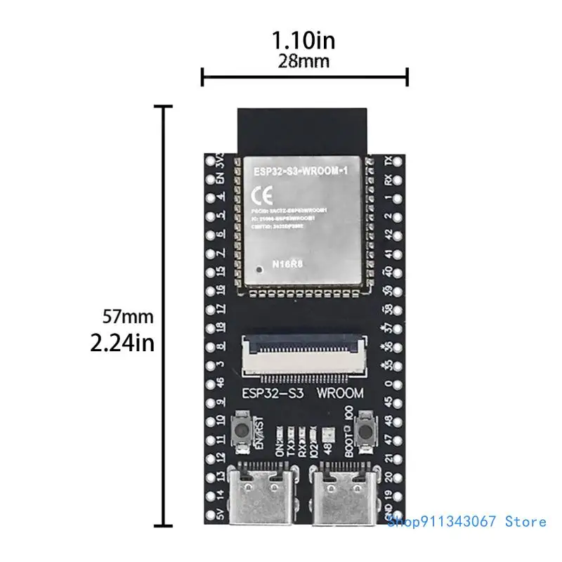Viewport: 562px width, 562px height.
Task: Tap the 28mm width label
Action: pos(304,61)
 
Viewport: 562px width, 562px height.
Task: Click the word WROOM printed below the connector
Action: pos(339,393)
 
